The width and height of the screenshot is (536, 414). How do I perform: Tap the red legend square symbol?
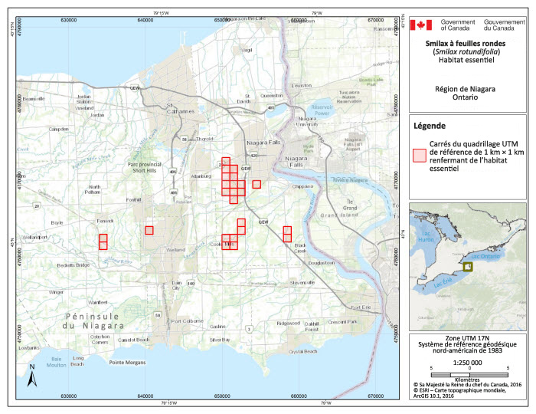click(x=419, y=155)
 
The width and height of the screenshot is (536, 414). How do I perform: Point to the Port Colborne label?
click(x=188, y=320)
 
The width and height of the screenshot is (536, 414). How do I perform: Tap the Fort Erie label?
click(x=350, y=307)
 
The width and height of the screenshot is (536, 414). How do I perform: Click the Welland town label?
click(x=175, y=250)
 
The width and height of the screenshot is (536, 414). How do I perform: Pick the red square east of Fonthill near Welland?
click(x=149, y=230)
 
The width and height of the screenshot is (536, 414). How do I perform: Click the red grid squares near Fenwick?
click(x=103, y=242)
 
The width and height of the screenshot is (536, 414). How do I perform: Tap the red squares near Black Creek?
click(x=287, y=234)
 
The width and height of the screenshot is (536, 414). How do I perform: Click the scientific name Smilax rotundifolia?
click(x=468, y=52)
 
